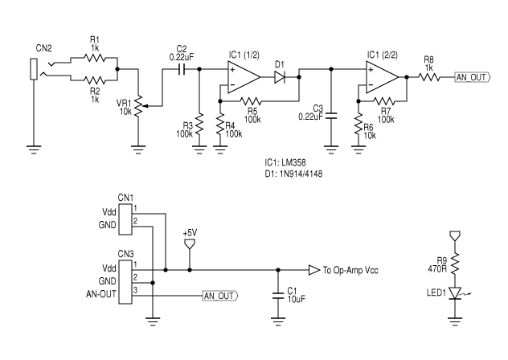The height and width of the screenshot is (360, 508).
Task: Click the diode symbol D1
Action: coord(281,77)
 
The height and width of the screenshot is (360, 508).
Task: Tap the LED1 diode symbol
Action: coord(456,294)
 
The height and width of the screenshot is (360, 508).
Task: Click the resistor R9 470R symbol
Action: coord(456,263)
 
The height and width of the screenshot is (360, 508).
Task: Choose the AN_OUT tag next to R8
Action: coord(471,77)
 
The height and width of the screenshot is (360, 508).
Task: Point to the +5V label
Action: coord(190,233)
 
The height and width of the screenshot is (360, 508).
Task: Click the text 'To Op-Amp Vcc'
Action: coord(350,271)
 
